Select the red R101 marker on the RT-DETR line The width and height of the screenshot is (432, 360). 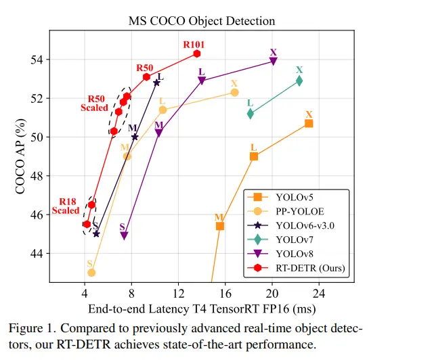point(196,53)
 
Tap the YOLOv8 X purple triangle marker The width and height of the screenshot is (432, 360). point(273,61)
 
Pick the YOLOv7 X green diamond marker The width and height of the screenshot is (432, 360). point(299,81)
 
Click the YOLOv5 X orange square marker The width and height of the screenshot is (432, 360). point(309,123)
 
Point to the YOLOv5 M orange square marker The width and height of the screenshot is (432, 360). point(220,225)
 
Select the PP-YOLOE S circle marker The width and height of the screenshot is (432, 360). point(91,272)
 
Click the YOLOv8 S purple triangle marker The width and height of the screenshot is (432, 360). point(125,235)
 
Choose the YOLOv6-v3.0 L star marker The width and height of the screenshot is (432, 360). point(156,83)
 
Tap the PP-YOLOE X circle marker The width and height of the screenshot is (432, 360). point(234,92)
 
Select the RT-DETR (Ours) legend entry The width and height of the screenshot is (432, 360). point(310,269)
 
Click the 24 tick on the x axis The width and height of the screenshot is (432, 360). point(318,294)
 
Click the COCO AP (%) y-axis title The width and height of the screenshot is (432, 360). point(21,156)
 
